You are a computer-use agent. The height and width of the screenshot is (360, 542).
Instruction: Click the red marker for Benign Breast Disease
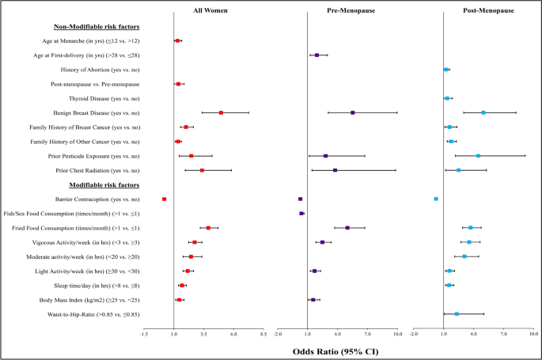[221, 112]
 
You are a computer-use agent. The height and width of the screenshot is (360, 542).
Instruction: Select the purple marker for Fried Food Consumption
[347, 228]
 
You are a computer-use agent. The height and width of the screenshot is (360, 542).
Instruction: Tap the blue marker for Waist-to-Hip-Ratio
[457, 313]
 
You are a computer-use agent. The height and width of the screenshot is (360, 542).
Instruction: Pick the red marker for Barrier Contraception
[165, 199]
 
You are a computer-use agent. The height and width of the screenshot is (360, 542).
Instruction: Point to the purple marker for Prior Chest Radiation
[335, 170]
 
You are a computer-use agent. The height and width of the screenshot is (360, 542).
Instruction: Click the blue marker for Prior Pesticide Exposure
[478, 156]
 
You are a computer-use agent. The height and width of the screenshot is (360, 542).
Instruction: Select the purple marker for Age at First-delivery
[316, 55]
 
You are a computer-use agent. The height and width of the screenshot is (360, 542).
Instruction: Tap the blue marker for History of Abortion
[446, 70]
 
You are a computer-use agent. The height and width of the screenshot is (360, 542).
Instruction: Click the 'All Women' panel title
[210, 10]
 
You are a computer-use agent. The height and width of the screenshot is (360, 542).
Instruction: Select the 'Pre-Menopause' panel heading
[351, 10]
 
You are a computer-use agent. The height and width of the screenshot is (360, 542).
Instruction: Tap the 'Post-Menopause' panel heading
[488, 10]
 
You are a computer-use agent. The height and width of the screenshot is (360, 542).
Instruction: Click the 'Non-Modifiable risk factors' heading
[97, 27]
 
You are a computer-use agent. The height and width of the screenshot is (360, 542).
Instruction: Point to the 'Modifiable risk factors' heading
[104, 185]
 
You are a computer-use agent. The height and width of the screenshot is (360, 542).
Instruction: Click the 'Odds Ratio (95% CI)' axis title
[335, 352]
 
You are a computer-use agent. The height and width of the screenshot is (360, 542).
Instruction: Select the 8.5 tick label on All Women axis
[263, 334]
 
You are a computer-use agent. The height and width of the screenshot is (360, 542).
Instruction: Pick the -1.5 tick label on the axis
[144, 334]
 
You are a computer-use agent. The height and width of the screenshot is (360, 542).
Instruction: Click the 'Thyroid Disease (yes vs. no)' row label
[104, 98]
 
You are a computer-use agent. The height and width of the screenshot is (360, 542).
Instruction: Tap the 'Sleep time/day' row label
[97, 286]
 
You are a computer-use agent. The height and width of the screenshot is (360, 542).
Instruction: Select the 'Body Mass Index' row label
[89, 300]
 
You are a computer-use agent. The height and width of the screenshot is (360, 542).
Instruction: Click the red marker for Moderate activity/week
[191, 256]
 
